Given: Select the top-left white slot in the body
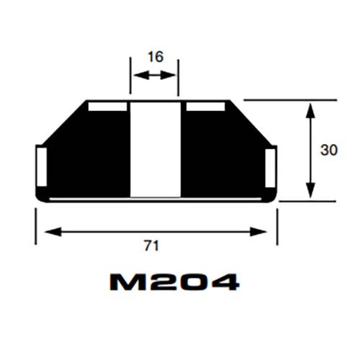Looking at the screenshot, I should pyautogui.click(x=107, y=107).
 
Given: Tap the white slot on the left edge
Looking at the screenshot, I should pyautogui.click(x=40, y=166).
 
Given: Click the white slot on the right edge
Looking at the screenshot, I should pyautogui.click(x=271, y=166).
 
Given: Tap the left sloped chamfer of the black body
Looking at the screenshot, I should pyautogui.click(x=64, y=122).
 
